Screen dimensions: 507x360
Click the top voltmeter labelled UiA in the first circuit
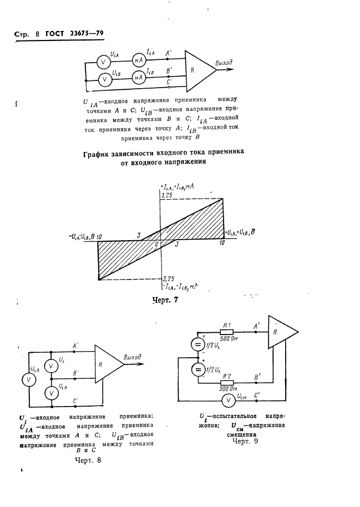point(103,59)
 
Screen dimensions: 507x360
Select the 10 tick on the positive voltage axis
point(222,244)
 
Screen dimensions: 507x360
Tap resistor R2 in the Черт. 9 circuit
point(227,383)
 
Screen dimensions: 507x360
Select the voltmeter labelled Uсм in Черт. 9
point(227,400)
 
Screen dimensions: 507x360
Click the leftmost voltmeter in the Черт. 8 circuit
point(26,379)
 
